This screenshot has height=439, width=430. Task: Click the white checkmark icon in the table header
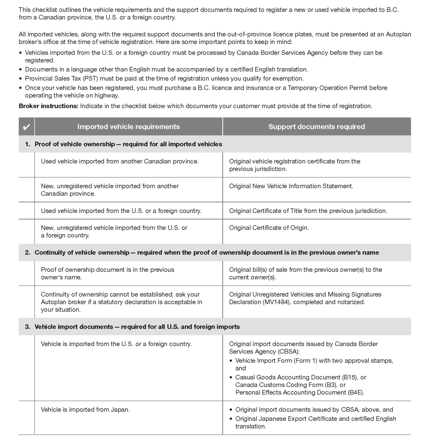click(x=27, y=127)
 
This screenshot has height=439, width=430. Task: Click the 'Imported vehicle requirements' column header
click(x=128, y=127)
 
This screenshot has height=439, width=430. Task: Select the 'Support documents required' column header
click(x=316, y=127)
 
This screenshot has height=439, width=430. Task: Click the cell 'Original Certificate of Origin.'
click(x=269, y=228)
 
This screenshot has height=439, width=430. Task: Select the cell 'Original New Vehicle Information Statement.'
click(x=291, y=186)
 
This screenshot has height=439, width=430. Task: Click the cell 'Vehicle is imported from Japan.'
click(x=85, y=409)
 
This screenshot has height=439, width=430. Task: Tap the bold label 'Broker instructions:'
click(x=48, y=106)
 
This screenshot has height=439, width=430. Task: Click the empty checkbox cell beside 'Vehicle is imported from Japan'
click(x=27, y=418)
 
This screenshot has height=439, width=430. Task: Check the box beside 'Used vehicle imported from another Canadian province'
click(x=27, y=165)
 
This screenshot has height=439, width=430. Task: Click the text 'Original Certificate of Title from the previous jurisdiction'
click(x=308, y=211)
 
